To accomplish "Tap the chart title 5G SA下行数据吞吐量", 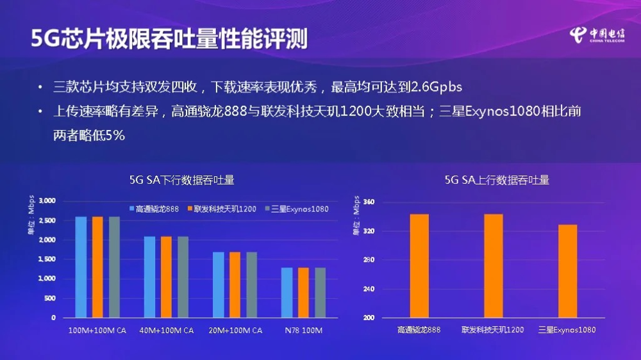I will (x=181, y=180).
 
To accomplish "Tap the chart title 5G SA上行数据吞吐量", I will (x=497, y=180).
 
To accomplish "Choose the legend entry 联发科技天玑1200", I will (x=221, y=209).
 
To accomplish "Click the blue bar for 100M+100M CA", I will (x=81, y=266).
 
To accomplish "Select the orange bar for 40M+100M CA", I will (x=166, y=277).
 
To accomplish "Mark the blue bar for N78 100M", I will (x=287, y=292).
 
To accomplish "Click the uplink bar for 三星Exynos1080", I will (x=567, y=271).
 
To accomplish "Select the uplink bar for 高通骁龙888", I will (x=419, y=266).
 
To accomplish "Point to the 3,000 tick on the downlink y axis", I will (x=47, y=201).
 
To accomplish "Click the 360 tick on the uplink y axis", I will (x=369, y=202).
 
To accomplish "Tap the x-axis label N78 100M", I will (x=304, y=331).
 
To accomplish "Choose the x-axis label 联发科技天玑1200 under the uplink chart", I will (x=492, y=330).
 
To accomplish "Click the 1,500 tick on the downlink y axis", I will (x=47, y=259).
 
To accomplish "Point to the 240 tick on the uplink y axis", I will (x=369, y=289).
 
